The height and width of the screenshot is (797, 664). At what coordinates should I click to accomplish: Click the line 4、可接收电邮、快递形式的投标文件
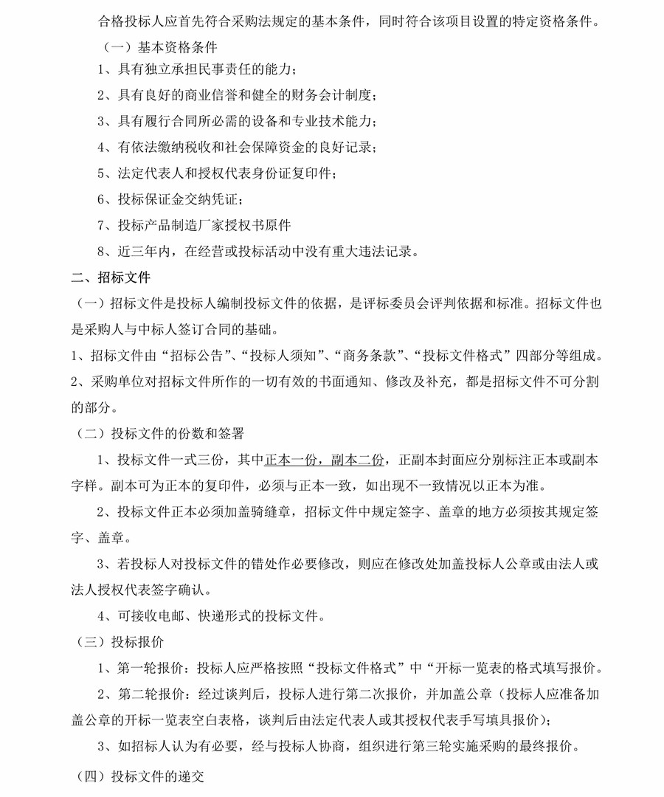coord(210,615)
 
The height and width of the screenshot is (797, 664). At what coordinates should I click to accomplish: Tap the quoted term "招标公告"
coord(198,356)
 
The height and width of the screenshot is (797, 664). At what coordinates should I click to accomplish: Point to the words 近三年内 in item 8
coord(142,252)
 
